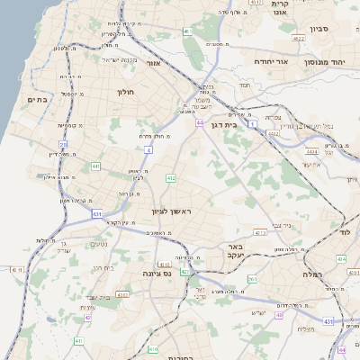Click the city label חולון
click(x=125, y=92)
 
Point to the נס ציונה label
click(x=157, y=274)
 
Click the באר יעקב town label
click(x=236, y=250)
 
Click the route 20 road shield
click(x=63, y=144)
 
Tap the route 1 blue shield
click(x=255, y=122)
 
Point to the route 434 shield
click(x=340, y=258)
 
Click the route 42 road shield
click(x=87, y=317)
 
